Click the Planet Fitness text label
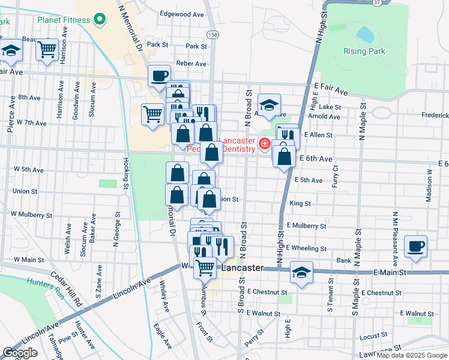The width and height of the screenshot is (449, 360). [63, 20]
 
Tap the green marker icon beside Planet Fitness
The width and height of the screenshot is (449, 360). [100, 20]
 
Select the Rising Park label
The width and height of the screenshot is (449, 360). [364, 51]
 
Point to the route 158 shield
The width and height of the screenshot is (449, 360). [212, 35]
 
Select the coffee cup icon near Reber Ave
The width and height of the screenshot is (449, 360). [159, 76]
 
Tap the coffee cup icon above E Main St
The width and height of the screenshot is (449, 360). [415, 245]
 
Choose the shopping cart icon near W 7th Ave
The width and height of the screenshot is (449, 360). [153, 113]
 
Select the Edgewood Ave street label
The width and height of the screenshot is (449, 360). [182, 14]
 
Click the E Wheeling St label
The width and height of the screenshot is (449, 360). [306, 248]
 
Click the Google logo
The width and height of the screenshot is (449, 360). [20, 353]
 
